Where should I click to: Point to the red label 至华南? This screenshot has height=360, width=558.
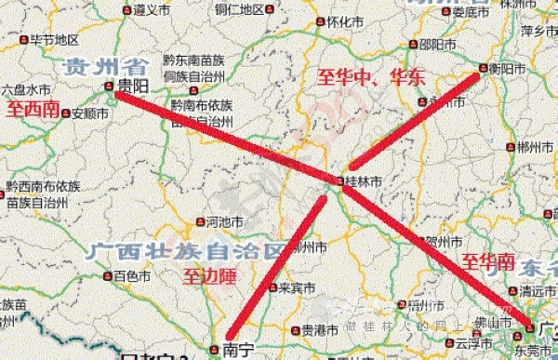[488, 261]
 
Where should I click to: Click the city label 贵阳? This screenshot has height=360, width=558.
[133, 85]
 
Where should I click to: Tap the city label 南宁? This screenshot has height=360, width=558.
[238, 350]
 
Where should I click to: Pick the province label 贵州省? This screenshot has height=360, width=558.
[105, 66]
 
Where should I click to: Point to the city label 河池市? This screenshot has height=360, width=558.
[224, 221]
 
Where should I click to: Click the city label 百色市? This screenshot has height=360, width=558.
[131, 276]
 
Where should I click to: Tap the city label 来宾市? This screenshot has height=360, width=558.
[297, 287]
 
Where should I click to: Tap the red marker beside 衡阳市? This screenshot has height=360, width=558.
[482, 69]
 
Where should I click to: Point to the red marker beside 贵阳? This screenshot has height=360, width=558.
[110, 86]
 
